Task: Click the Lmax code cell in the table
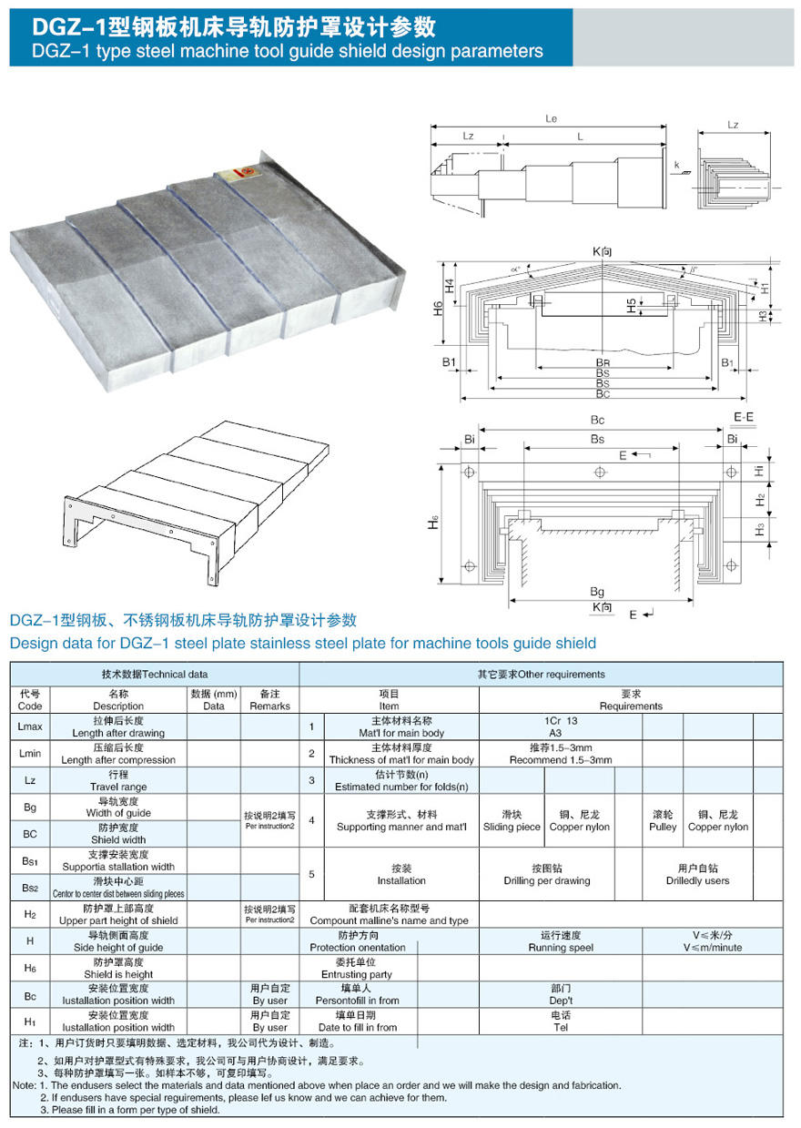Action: point(30,727)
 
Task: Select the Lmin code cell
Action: point(30,754)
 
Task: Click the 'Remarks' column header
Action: point(269,706)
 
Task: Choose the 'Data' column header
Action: point(214,706)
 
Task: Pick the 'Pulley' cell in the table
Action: point(663,827)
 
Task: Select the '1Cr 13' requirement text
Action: point(561,719)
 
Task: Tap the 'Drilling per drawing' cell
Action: point(548,880)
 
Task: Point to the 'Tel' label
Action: point(561,1027)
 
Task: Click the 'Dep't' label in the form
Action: point(561,1000)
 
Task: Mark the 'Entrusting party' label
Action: point(358,974)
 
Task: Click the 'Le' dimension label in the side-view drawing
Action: point(551,119)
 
